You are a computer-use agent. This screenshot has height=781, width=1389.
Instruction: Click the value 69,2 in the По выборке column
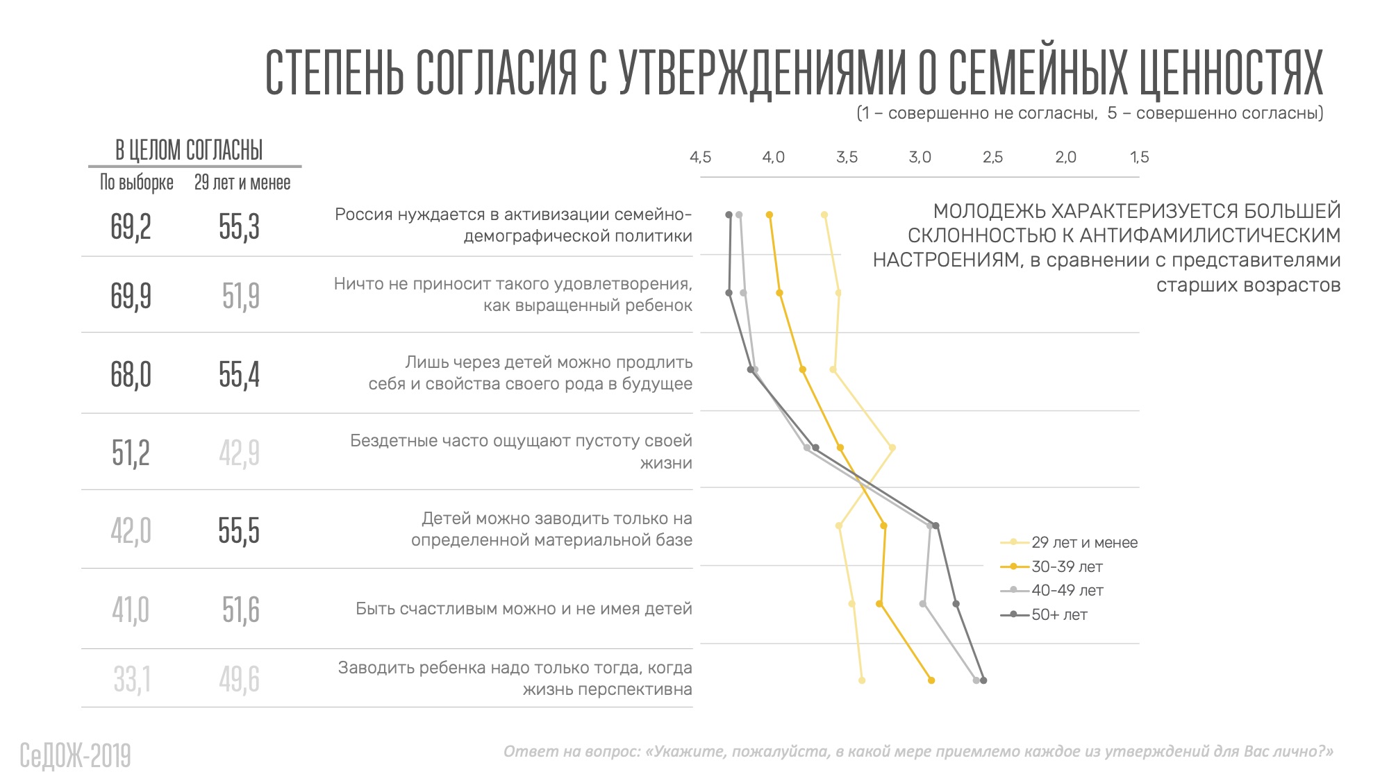(x=131, y=227)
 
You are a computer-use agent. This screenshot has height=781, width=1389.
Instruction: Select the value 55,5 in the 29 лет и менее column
(x=239, y=531)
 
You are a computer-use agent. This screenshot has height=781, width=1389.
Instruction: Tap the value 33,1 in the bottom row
(x=132, y=679)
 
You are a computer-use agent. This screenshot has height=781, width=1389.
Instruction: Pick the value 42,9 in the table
(x=239, y=453)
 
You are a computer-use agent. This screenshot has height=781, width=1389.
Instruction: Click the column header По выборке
(x=136, y=183)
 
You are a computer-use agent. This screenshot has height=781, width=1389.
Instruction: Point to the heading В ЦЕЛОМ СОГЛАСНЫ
(x=189, y=150)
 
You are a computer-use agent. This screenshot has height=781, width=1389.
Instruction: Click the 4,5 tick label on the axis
(x=700, y=158)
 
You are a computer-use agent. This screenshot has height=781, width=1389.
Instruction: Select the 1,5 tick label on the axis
(x=1139, y=158)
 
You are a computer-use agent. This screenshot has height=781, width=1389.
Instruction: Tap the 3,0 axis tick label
(x=920, y=158)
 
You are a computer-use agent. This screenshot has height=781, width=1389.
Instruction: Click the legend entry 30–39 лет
(x=1067, y=567)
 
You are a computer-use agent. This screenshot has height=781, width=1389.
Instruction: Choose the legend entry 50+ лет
(x=1059, y=615)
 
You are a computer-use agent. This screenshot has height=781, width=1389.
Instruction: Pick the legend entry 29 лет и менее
(x=1084, y=543)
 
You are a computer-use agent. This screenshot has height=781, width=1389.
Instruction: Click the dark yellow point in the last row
(x=931, y=680)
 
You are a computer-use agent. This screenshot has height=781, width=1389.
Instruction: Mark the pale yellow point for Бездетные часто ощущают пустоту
(x=892, y=448)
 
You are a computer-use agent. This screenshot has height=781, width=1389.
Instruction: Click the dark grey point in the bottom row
(x=983, y=680)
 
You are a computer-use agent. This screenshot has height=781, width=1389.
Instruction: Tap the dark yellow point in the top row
(x=770, y=215)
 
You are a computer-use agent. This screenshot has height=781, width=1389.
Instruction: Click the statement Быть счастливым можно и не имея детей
(x=524, y=609)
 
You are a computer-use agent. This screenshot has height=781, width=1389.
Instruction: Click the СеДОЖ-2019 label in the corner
(x=75, y=756)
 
